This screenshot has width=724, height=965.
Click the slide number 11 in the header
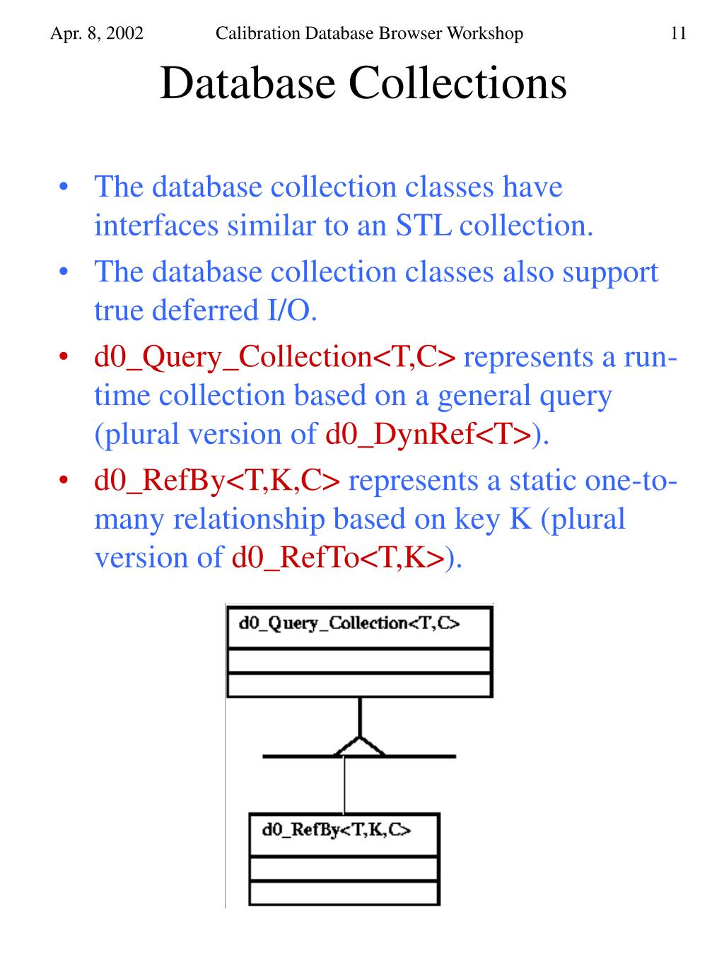(678, 33)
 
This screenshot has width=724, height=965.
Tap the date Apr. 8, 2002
(97, 33)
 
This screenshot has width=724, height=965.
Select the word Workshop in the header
(488, 33)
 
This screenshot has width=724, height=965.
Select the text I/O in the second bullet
(291, 310)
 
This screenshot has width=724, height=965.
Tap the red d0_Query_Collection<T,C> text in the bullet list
(275, 357)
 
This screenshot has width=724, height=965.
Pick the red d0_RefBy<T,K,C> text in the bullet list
(218, 481)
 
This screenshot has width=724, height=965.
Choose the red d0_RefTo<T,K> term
(338, 558)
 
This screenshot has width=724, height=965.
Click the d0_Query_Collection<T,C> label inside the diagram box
(349, 623)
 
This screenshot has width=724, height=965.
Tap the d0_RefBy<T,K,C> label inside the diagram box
(336, 829)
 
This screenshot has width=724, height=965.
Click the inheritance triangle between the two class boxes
(359, 747)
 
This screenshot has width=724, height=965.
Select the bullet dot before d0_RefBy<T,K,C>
(64, 480)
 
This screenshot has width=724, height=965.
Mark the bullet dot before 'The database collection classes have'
(64, 187)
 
